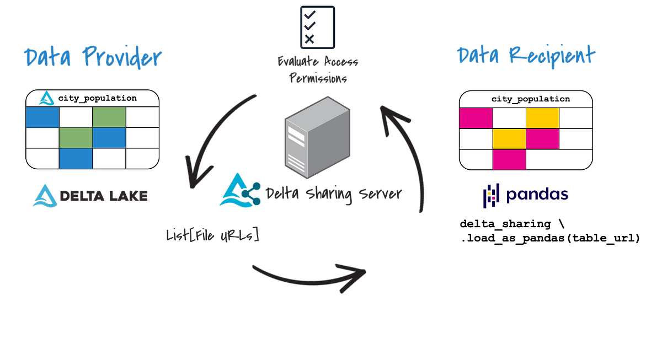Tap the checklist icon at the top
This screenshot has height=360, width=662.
pos(317,25)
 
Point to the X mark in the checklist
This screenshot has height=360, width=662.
pos(309,39)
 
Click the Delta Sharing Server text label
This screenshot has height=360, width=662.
pos(334,194)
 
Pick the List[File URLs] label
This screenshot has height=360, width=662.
pos(212,235)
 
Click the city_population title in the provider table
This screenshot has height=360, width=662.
pos(97,98)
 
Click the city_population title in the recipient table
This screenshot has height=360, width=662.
pos(530,99)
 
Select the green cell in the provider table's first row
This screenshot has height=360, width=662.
pos(109,117)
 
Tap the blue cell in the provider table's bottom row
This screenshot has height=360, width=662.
pos(76,159)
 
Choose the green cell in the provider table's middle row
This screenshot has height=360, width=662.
pos(76,138)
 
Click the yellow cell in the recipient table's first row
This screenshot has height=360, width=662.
pos(542,117)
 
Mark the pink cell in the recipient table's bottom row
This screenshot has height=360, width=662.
pos(509,159)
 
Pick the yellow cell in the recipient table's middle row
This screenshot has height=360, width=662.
pos(509,138)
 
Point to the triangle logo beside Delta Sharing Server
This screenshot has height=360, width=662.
pos(236,190)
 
